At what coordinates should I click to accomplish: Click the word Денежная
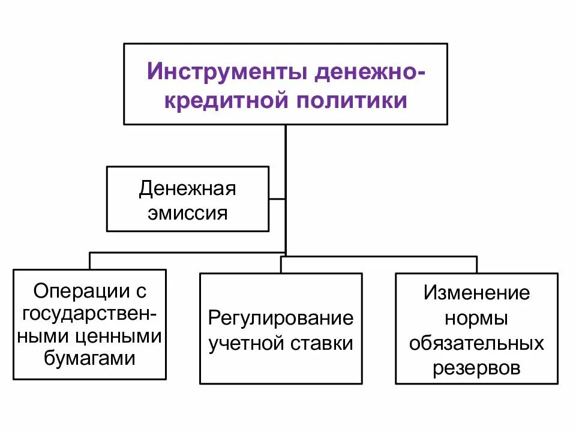[188, 189]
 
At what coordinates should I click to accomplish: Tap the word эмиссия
[188, 213]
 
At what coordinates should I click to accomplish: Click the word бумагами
[89, 359]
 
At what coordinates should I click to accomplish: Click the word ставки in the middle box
[322, 344]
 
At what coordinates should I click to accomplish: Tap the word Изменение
[477, 293]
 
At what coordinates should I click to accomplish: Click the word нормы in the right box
[477, 318]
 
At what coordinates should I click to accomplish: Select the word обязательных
[477, 343]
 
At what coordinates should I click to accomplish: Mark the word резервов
[477, 368]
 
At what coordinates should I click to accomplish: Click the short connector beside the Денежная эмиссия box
[277, 199]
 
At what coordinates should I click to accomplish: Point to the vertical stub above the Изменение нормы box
[477, 265]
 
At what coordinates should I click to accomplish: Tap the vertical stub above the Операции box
[90, 260]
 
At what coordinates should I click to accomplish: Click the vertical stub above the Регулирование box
[281, 265]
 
